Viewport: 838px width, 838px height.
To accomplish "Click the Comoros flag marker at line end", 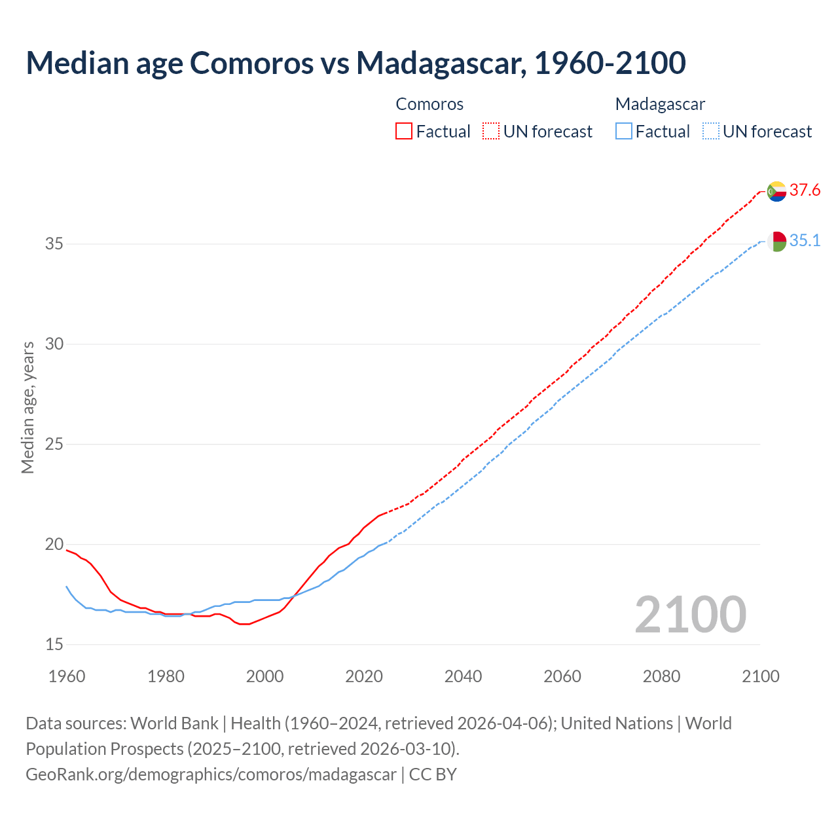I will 776,191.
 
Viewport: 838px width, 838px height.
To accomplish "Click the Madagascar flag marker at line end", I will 776,242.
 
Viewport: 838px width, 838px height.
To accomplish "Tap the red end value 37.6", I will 805,191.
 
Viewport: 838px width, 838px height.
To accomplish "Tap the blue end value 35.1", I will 805,241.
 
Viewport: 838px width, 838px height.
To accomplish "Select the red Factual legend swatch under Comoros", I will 404,132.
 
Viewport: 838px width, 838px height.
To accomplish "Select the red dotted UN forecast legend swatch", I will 491,132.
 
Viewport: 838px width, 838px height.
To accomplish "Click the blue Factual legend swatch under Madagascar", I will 624,132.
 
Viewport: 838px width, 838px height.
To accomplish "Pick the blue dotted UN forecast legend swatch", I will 711,132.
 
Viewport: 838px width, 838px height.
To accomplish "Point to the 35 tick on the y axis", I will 54,244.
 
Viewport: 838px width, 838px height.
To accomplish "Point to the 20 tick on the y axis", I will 54,545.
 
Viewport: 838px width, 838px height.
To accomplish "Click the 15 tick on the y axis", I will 54,645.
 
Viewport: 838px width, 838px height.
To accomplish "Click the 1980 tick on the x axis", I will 166,676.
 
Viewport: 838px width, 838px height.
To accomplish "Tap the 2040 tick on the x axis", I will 463,676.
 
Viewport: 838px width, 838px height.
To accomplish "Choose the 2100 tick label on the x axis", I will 760,676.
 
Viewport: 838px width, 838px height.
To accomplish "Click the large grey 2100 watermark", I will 691,614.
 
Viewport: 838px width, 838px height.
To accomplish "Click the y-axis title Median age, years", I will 27,407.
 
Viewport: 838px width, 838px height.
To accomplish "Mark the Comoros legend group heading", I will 429,104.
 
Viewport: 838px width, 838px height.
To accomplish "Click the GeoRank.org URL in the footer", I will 211,774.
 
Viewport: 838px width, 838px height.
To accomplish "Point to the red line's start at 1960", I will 67,550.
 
